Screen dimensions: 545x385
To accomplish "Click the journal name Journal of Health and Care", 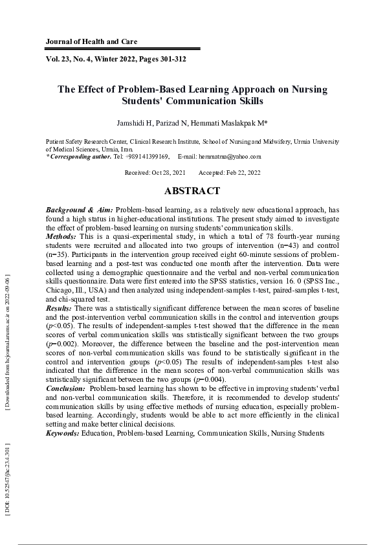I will [91, 41].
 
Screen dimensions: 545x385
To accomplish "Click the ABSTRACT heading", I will [192, 191].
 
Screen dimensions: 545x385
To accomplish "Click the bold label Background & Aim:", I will [79, 210].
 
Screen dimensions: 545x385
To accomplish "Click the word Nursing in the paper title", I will [309, 89].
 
